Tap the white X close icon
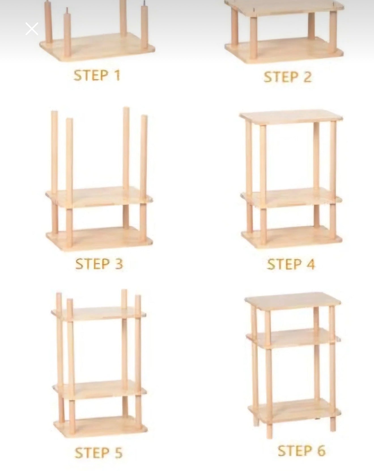pyautogui.click(x=32, y=29)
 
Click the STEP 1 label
pyautogui.click(x=97, y=76)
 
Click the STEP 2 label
pyautogui.click(x=288, y=77)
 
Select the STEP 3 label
pyautogui.click(x=99, y=264)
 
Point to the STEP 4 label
pyautogui.click(x=291, y=264)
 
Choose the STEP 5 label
pyautogui.click(x=98, y=453)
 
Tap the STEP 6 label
pyautogui.click(x=301, y=451)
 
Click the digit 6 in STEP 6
pyautogui.click(x=321, y=451)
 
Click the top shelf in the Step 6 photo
pyautogui.click(x=293, y=303)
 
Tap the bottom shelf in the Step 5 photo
pyautogui.click(x=101, y=427)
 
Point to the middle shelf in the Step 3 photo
pyautogui.click(x=99, y=197)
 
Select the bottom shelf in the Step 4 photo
pyautogui.click(x=292, y=237)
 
